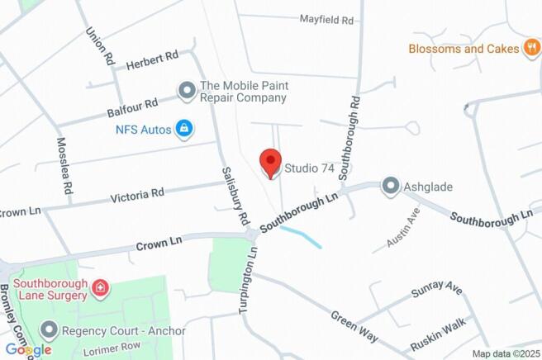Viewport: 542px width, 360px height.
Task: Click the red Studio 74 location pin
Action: click(x=270, y=162)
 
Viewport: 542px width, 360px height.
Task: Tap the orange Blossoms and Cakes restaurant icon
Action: click(x=532, y=49)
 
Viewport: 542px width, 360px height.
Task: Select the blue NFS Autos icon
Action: click(x=184, y=129)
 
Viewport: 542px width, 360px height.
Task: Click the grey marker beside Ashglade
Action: click(x=390, y=187)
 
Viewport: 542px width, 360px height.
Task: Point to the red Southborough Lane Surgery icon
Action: click(x=100, y=288)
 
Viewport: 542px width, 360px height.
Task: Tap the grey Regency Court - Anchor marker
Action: click(x=49, y=331)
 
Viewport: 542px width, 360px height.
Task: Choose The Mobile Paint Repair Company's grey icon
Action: click(x=188, y=90)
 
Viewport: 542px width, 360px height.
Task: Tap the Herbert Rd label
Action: click(x=152, y=60)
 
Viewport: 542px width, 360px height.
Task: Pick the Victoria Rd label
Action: click(x=138, y=195)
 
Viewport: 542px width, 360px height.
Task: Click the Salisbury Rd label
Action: click(x=235, y=196)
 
